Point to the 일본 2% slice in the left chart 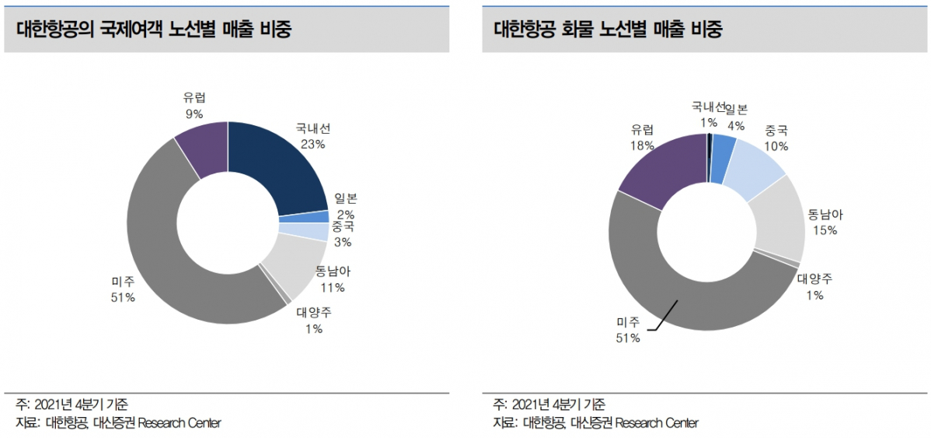tap(304, 217)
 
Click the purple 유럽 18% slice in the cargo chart tap(659, 167)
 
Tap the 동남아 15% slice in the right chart tap(777, 219)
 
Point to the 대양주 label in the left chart tap(314, 313)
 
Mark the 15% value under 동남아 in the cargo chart tap(825, 230)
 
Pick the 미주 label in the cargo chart tap(628, 321)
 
